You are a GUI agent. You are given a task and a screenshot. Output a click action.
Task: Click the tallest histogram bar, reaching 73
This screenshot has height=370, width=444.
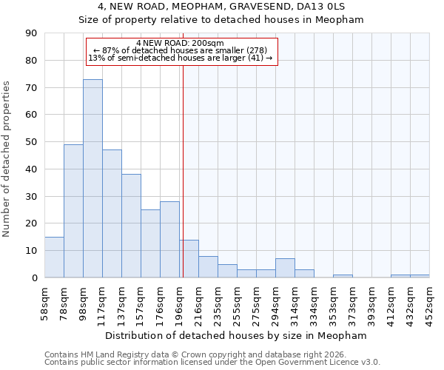point(92,178)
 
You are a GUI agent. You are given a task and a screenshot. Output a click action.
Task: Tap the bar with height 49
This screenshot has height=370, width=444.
point(73,211)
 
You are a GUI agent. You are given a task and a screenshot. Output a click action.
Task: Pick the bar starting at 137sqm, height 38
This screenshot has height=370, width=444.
point(131,226)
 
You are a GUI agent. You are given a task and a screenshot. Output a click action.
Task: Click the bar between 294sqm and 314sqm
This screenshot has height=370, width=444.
point(285,268)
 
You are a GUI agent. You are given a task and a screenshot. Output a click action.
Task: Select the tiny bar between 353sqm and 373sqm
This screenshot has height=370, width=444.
point(343,276)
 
